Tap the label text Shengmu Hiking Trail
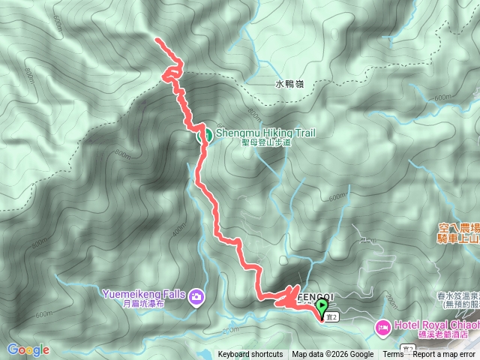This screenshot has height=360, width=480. coord(265,133)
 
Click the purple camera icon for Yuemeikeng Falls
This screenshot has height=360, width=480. coord(196,297)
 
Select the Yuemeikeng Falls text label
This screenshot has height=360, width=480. coord(146,294)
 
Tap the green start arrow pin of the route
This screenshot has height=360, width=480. coord(322,307)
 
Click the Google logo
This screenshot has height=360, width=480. coord(28,349)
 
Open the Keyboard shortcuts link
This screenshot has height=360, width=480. coord(250,355)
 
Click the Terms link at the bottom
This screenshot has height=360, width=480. coord(393,355)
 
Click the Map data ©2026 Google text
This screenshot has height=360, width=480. coord(333,355)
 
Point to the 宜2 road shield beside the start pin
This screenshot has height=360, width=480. coord(332,317)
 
